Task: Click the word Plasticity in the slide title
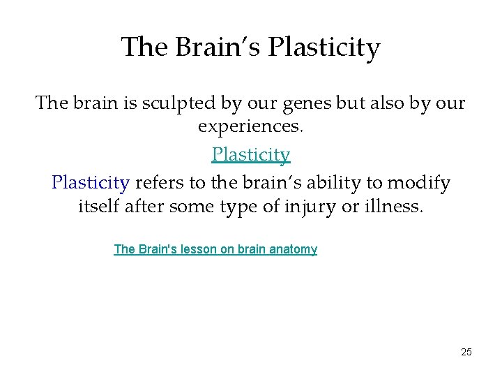coord(324,47)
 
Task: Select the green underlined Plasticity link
coord(251,154)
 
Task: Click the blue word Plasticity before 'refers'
coord(91,183)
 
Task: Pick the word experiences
coord(251,127)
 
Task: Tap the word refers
coord(158,183)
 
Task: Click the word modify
coord(420,183)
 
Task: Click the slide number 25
coord(466,352)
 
